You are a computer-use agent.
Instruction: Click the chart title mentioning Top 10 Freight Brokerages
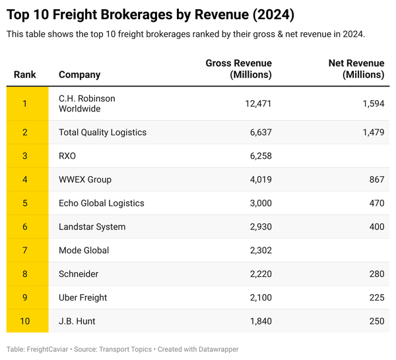click(x=150, y=14)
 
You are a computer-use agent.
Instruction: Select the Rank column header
click(x=25, y=75)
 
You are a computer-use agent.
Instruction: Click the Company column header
click(x=79, y=75)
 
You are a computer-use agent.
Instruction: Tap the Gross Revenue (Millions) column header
click(x=239, y=69)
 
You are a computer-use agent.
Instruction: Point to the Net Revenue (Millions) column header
click(x=356, y=69)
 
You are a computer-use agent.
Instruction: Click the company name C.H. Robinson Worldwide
click(x=86, y=104)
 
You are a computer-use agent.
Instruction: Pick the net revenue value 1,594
click(x=372, y=104)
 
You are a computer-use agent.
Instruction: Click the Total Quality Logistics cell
click(x=102, y=133)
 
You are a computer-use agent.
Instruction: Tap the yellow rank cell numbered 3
click(x=25, y=156)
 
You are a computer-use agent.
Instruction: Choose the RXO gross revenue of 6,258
click(x=259, y=156)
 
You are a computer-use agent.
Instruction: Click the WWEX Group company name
click(x=85, y=179)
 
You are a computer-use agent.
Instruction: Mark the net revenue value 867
click(x=376, y=179)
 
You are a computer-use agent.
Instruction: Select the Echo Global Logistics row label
click(x=101, y=203)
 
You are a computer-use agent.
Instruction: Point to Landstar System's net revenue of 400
click(x=376, y=227)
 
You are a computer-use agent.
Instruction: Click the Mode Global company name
click(x=84, y=251)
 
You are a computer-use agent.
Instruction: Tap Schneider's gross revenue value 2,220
click(x=259, y=274)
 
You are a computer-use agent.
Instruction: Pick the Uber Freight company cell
click(x=82, y=298)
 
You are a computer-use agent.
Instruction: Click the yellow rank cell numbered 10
click(x=25, y=321)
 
